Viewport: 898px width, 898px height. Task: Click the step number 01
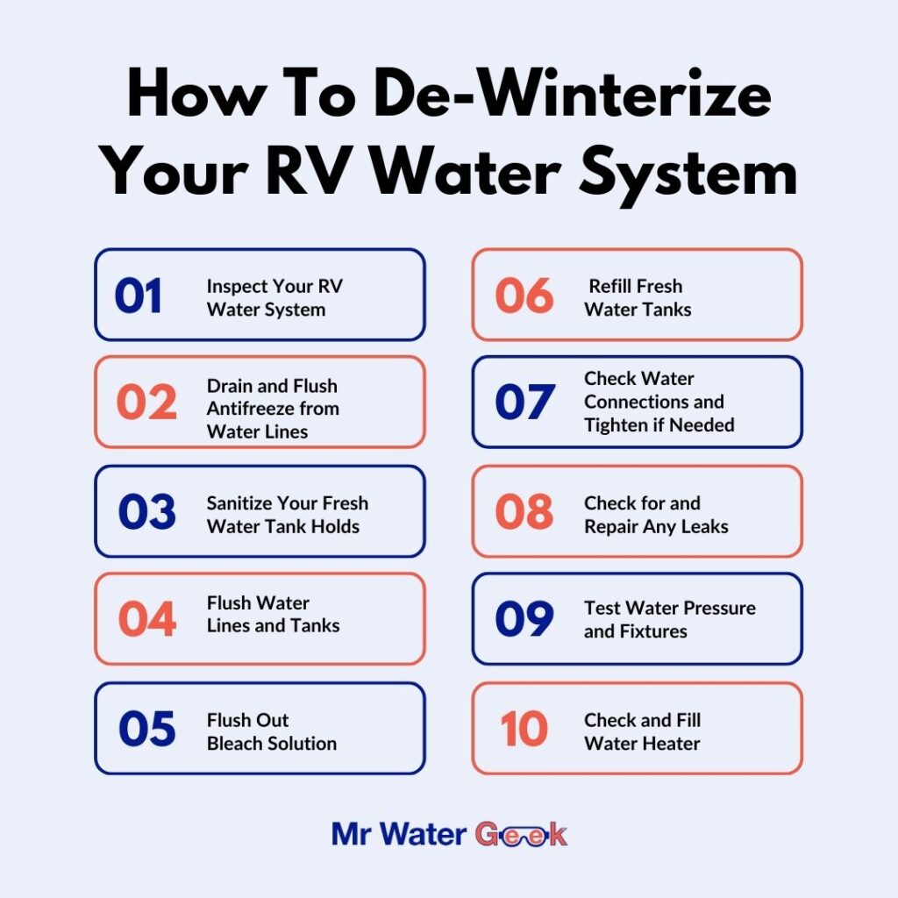(x=139, y=296)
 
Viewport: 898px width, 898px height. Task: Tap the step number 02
(x=146, y=403)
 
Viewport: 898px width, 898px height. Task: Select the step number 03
(x=146, y=513)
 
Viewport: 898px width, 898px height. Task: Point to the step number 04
(x=146, y=620)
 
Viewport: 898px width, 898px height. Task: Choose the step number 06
(x=524, y=296)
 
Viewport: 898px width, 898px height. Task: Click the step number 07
(x=524, y=403)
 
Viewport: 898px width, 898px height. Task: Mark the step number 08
(x=524, y=513)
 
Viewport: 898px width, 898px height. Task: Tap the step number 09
(x=524, y=620)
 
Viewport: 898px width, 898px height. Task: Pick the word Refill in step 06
(x=612, y=286)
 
